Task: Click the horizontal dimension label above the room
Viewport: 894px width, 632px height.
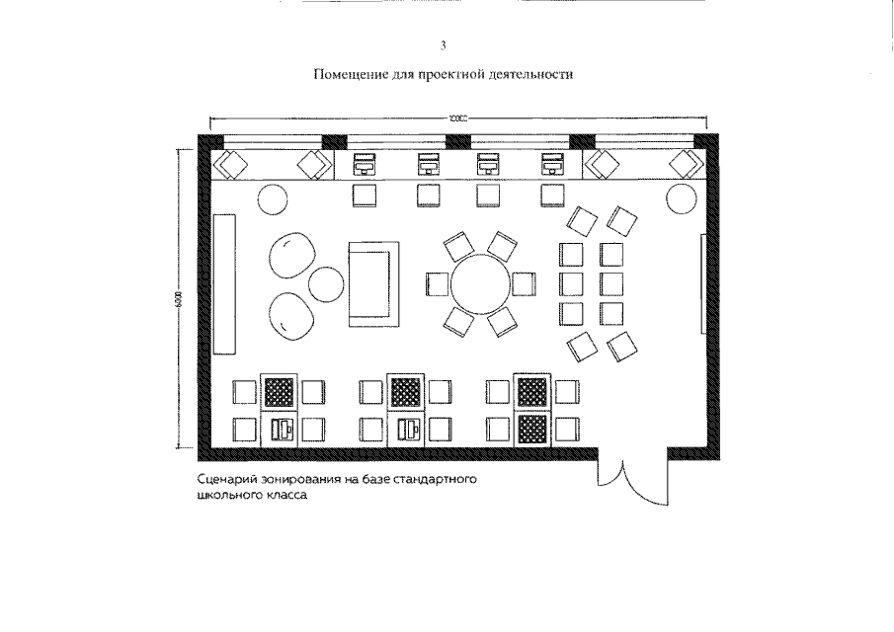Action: coord(456,118)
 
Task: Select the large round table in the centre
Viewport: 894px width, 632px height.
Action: coord(480,283)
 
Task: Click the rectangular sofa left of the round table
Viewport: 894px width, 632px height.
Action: coord(374,284)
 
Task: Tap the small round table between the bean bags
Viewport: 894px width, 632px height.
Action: coord(325,284)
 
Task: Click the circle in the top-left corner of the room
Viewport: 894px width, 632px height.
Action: coord(272,198)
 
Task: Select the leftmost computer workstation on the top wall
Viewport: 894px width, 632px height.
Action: coord(364,164)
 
